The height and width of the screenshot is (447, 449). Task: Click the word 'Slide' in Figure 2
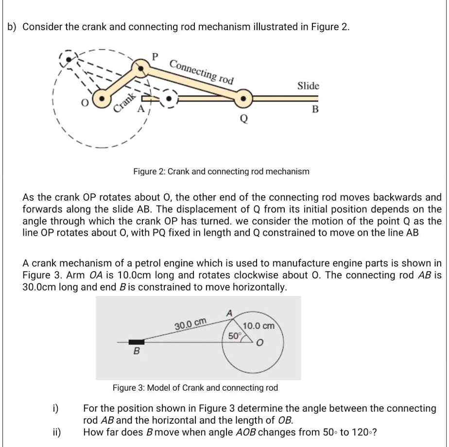pyautogui.click(x=308, y=86)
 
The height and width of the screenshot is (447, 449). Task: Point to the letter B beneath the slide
pyautogui.click(x=315, y=110)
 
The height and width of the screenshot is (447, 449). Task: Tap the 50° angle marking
pyautogui.click(x=234, y=336)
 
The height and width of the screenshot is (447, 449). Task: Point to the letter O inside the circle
pyautogui.click(x=259, y=344)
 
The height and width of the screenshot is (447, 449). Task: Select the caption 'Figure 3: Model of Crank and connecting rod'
pyautogui.click(x=195, y=388)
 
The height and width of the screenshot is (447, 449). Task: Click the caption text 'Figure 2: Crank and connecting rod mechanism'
pyautogui.click(x=221, y=172)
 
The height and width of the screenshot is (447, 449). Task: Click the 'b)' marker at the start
pyautogui.click(x=13, y=27)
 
